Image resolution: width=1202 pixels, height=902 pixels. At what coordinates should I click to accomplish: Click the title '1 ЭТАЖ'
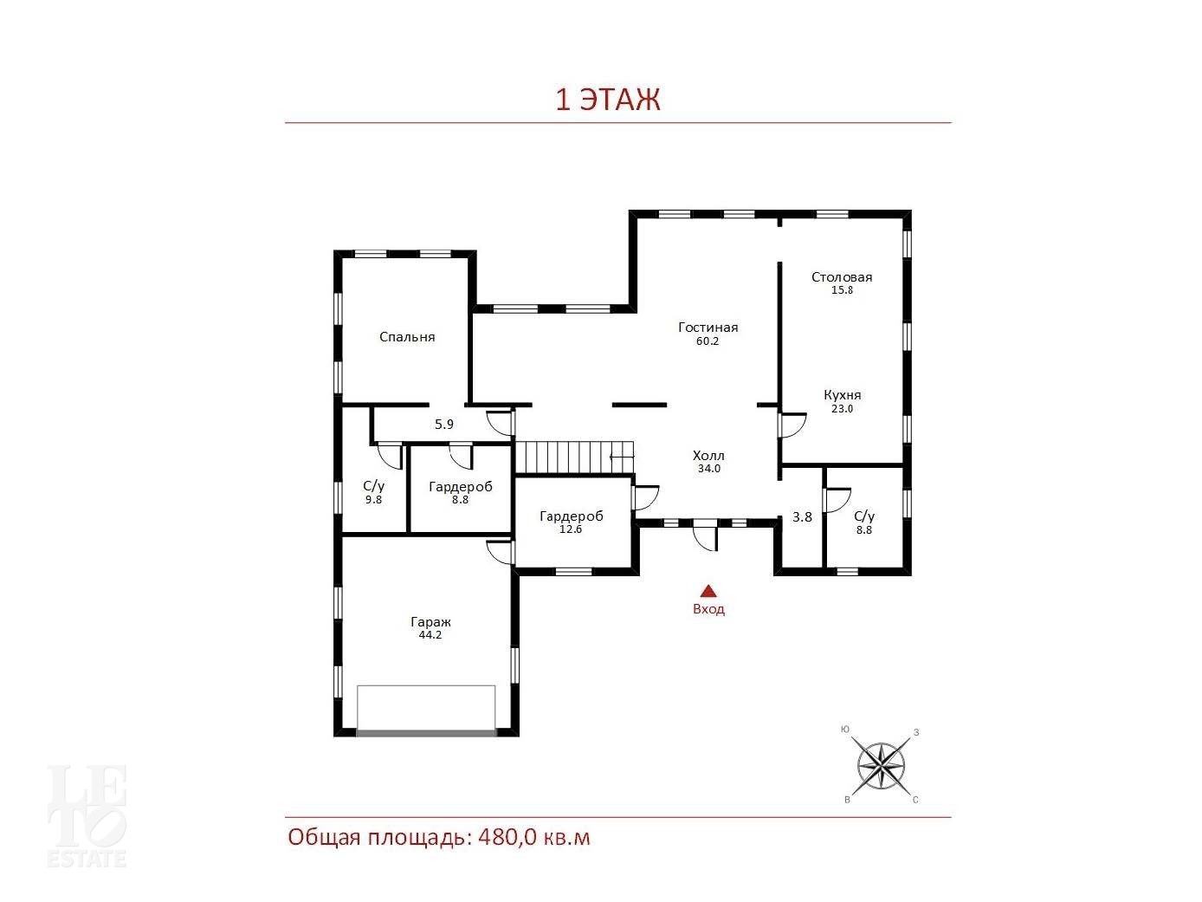pyautogui.click(x=608, y=100)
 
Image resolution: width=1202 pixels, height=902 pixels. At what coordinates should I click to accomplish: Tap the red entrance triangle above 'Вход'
pyautogui.click(x=708, y=590)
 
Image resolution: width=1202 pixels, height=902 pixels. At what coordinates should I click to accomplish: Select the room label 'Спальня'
pyautogui.click(x=407, y=337)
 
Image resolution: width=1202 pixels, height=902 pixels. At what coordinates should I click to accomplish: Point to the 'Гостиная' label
pyautogui.click(x=708, y=327)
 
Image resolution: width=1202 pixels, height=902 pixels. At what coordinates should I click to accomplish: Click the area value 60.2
pyautogui.click(x=707, y=341)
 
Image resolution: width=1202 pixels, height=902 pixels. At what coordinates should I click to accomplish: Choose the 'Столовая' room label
pyautogui.click(x=842, y=277)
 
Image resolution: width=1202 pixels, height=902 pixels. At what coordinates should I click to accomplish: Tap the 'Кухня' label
pyautogui.click(x=843, y=395)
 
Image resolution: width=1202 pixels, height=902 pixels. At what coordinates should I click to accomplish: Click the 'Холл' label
pyautogui.click(x=708, y=455)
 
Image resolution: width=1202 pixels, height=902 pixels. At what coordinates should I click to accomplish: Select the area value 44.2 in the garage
pyautogui.click(x=430, y=635)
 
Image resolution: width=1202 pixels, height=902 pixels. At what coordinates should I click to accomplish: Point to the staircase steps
pyautogui.click(x=574, y=457)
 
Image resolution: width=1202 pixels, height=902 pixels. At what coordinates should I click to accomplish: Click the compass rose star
pyautogui.click(x=881, y=766)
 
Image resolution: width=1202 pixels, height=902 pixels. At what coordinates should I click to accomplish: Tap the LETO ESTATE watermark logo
pyautogui.click(x=87, y=815)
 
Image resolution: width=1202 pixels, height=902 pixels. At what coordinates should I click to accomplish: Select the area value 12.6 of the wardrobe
pyautogui.click(x=571, y=529)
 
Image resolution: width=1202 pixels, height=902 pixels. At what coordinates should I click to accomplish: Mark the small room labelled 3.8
pyautogui.click(x=802, y=516)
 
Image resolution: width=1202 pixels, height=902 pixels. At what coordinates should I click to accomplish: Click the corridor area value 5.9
pyautogui.click(x=444, y=424)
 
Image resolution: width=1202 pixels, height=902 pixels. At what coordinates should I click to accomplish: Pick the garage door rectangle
pyautogui.click(x=426, y=709)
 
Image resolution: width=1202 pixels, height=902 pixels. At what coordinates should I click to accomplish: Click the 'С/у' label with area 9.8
pyautogui.click(x=373, y=486)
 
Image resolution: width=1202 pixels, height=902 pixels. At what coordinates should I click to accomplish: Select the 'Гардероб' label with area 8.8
pyautogui.click(x=461, y=486)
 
